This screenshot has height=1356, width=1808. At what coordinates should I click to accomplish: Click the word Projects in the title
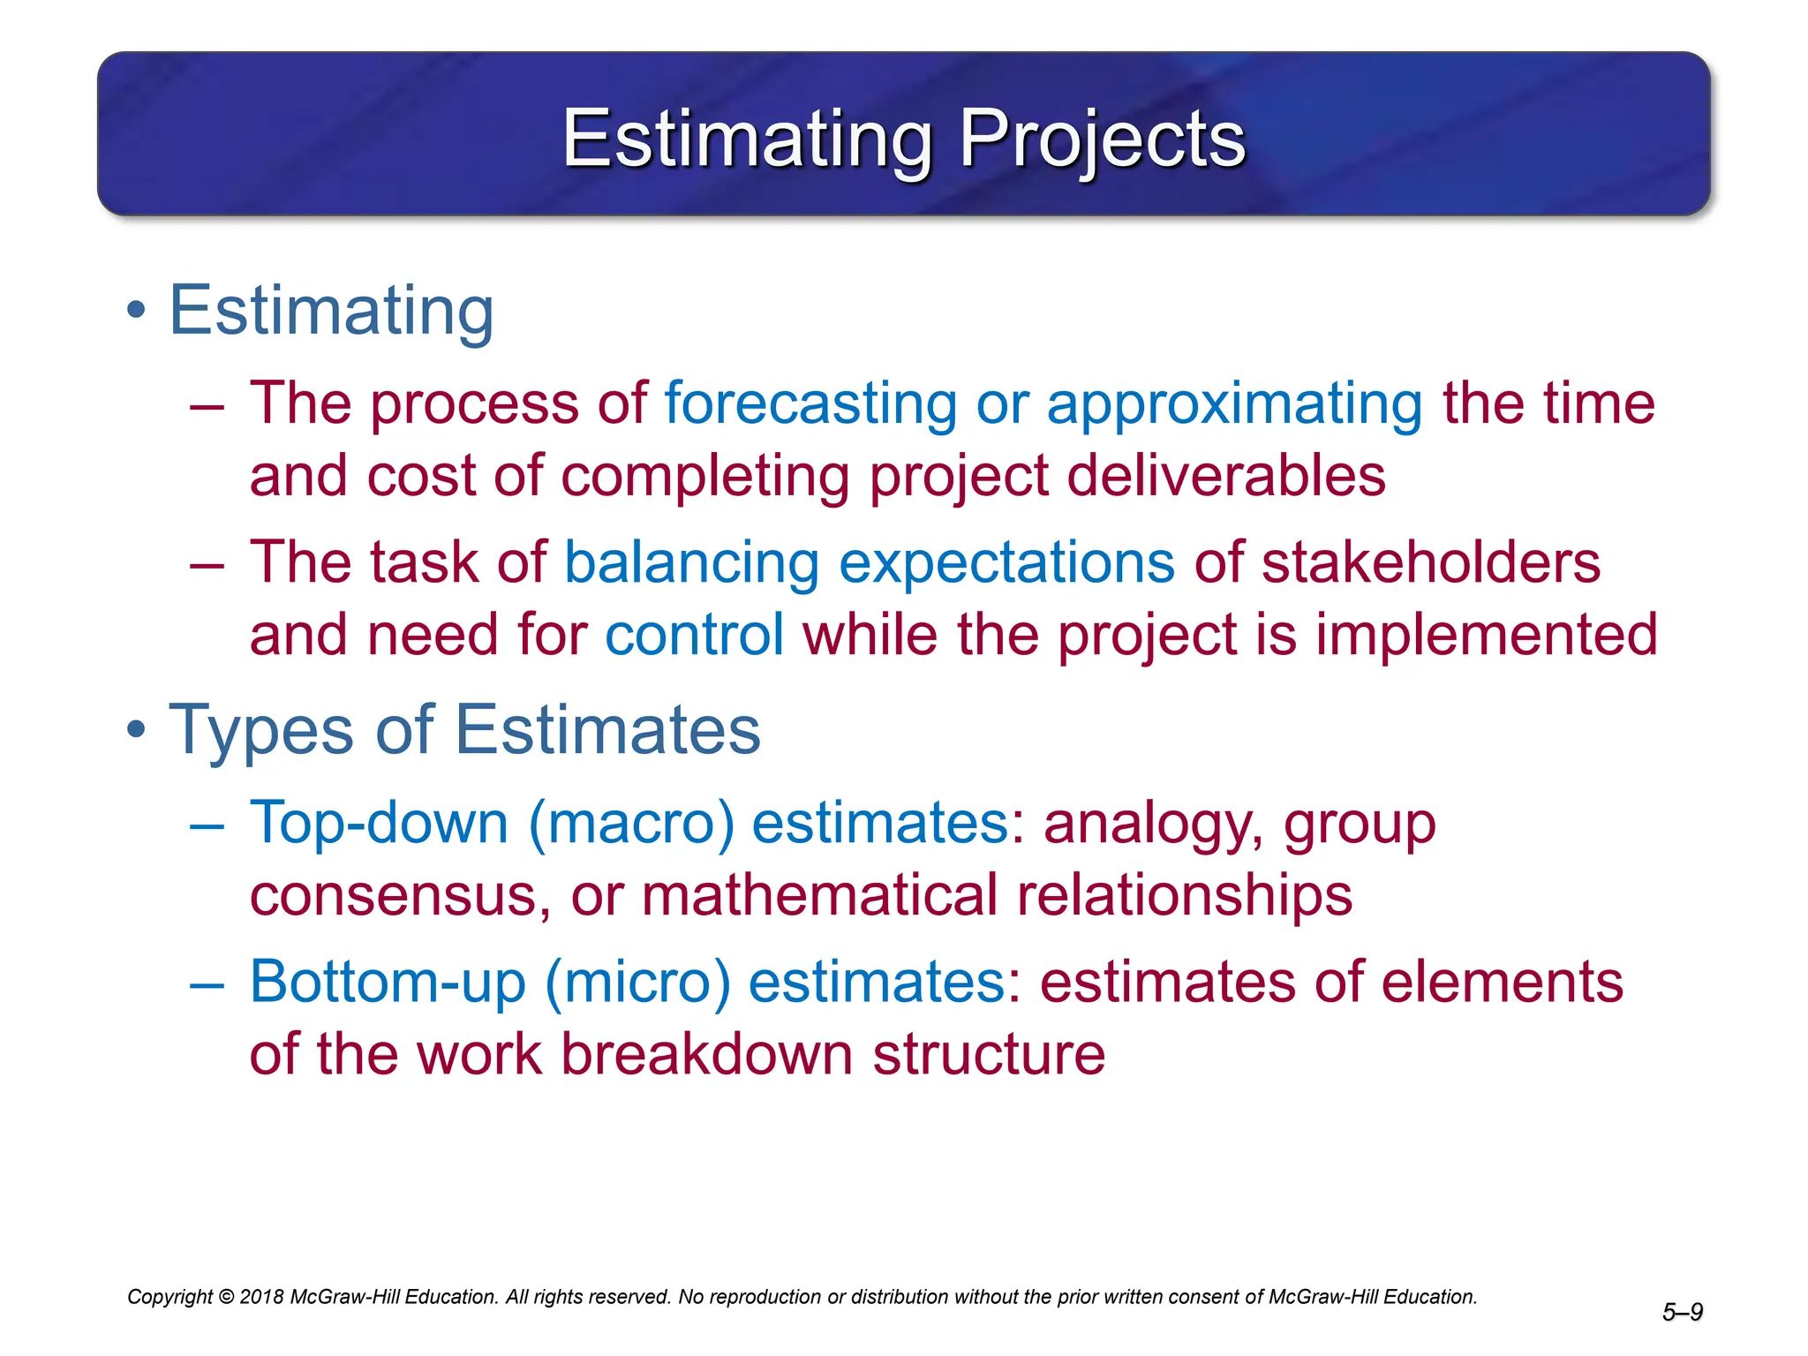[x=1102, y=139]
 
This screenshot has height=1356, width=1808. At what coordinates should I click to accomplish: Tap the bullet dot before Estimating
[x=135, y=311]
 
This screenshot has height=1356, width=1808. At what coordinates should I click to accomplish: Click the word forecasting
[x=810, y=403]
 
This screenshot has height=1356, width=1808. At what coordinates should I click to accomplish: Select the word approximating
[x=1234, y=403]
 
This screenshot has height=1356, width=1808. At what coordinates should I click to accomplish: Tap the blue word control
[x=694, y=635]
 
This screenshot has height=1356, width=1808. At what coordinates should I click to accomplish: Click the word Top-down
[x=379, y=823]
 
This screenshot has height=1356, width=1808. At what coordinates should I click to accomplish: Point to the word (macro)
[x=631, y=823]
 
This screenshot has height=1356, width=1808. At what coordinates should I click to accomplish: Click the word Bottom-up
[x=388, y=982]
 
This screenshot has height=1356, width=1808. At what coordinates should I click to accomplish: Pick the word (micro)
[x=637, y=982]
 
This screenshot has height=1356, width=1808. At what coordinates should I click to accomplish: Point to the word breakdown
[x=706, y=1054]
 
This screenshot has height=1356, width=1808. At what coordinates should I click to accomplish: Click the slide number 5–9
[x=1682, y=1313]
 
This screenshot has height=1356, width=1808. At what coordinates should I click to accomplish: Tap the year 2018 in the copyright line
[x=261, y=1297]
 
